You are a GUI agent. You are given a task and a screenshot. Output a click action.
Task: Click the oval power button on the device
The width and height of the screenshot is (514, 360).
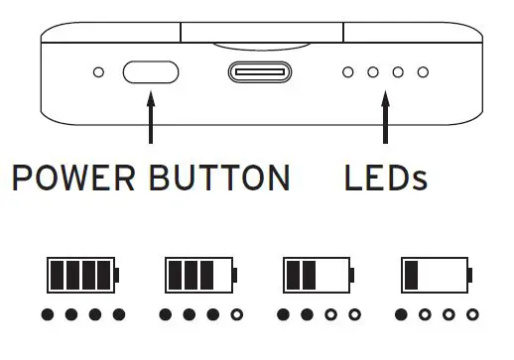point(150,72)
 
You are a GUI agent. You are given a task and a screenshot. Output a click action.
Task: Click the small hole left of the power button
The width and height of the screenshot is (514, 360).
point(98,72)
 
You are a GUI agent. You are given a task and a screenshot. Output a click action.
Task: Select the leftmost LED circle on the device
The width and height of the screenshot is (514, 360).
point(347,72)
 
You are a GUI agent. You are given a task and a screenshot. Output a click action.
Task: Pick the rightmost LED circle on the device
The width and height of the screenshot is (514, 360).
point(423,72)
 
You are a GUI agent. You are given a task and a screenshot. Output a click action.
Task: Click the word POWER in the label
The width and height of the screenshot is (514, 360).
point(74,178)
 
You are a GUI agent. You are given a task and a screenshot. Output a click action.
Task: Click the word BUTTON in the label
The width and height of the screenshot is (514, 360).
point(219,178)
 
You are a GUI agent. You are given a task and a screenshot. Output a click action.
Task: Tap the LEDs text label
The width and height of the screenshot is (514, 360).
point(385,178)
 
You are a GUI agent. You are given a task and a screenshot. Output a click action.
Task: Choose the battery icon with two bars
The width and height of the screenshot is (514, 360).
point(318,274)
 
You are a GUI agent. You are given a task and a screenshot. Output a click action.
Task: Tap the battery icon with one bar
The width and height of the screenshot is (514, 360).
point(435,274)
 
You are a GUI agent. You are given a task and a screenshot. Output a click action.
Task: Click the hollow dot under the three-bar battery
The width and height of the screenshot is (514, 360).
point(236,316)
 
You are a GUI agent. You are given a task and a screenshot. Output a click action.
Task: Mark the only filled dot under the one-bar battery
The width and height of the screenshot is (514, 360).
point(400,316)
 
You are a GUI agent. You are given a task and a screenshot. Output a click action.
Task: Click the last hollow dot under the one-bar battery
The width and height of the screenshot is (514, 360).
point(470,316)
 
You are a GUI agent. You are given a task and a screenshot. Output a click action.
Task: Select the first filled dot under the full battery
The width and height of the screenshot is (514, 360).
point(48,316)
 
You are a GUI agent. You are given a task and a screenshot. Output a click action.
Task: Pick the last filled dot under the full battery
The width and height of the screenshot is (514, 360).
point(119,316)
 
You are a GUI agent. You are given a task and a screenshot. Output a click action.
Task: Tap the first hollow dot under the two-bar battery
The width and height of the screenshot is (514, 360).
point(330,316)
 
